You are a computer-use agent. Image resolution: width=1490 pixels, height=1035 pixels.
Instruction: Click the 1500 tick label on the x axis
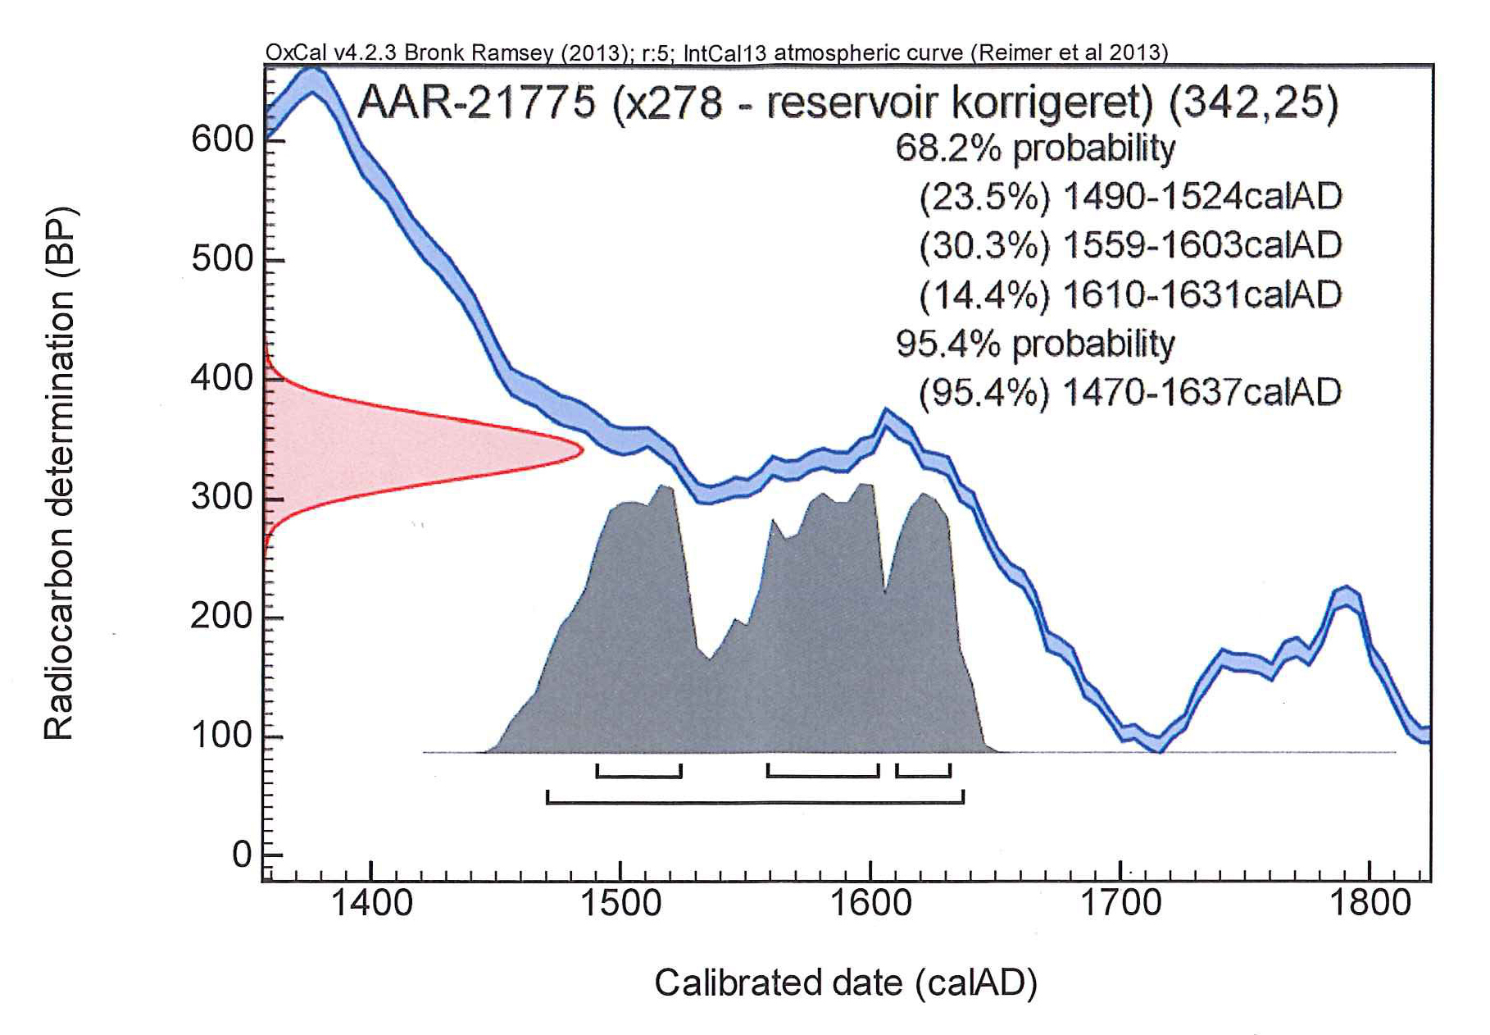point(621,903)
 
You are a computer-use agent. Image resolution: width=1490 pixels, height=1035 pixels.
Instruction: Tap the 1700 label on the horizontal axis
point(1120,903)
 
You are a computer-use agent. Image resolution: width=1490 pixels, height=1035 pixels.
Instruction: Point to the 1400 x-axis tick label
point(372,903)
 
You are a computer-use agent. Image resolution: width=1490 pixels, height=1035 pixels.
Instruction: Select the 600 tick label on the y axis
point(222,139)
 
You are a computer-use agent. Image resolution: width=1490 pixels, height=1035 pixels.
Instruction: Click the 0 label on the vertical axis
point(242,855)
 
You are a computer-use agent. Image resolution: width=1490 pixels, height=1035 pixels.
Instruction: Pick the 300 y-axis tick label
point(222,498)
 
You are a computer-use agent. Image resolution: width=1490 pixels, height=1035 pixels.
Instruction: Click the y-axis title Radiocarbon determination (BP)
point(59,474)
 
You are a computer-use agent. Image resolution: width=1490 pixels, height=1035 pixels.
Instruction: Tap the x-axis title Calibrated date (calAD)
point(845,983)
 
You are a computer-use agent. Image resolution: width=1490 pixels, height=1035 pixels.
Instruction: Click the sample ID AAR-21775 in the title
point(476,103)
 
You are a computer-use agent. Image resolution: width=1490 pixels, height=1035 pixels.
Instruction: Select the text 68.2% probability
point(1035,148)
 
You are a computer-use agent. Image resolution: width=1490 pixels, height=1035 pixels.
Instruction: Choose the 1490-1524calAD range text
point(1202,197)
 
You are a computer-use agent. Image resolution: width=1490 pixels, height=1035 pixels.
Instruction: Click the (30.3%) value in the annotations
point(984,246)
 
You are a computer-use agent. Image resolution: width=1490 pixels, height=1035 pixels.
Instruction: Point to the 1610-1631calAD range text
point(1202,294)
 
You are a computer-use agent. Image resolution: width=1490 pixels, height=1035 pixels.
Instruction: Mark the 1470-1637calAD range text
point(1202,392)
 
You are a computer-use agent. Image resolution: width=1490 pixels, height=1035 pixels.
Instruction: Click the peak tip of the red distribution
point(581,449)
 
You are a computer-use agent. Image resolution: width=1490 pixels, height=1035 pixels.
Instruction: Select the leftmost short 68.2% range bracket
point(639,775)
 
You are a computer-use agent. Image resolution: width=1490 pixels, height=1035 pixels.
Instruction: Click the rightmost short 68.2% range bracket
point(923,775)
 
